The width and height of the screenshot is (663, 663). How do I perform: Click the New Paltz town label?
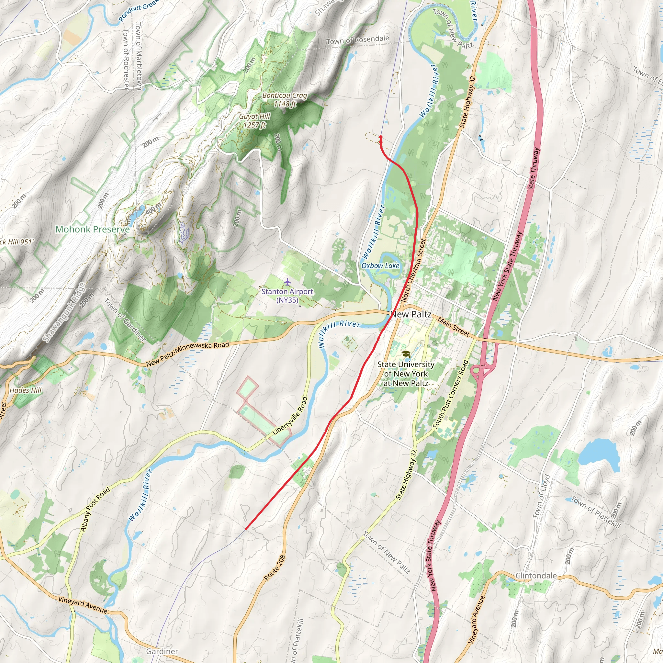(411, 314)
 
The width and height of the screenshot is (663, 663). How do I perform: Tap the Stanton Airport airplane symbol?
(287, 282)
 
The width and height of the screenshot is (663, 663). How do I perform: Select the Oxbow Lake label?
(380, 265)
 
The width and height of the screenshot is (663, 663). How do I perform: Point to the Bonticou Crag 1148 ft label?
(285, 99)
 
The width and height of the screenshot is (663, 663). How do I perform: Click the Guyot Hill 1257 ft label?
(255, 120)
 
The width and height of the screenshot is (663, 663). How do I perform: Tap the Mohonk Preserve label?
(92, 229)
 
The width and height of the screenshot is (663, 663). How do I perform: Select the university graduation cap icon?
(406, 354)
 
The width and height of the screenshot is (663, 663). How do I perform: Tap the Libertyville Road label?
(290, 416)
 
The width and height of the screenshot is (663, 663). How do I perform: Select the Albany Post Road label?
(95, 510)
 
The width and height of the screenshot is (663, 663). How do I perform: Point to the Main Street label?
(453, 327)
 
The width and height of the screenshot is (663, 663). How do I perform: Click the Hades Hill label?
(25, 390)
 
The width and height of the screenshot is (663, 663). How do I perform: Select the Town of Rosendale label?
(358, 40)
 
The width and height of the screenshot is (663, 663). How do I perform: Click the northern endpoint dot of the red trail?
(381, 137)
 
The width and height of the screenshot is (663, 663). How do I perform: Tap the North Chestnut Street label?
(413, 271)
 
